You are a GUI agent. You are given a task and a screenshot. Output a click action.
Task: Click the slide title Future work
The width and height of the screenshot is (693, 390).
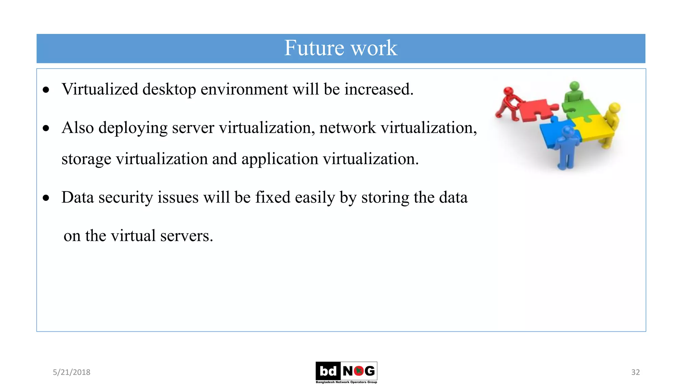pyautogui.click(x=340, y=48)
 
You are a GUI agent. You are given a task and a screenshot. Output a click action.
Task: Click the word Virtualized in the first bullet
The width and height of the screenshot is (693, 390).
pyautogui.click(x=100, y=89)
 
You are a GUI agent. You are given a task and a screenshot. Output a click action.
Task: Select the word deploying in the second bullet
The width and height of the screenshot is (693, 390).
pyautogui.click(x=133, y=128)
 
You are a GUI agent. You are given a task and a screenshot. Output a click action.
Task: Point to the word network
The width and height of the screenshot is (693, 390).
pyautogui.click(x=347, y=128)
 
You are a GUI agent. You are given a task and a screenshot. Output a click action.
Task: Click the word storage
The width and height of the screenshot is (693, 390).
pyautogui.click(x=86, y=159)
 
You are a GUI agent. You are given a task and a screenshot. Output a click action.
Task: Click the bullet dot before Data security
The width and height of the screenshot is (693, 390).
pyautogui.click(x=46, y=198)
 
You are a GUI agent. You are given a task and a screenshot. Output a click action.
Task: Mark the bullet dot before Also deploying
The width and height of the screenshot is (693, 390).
pyautogui.click(x=46, y=128)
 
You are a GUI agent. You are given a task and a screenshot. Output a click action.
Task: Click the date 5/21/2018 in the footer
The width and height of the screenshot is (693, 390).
pyautogui.click(x=71, y=372)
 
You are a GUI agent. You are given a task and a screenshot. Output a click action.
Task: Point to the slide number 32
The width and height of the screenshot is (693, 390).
pyautogui.click(x=635, y=372)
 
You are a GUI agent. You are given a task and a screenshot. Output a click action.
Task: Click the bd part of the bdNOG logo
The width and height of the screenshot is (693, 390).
pyautogui.click(x=328, y=371)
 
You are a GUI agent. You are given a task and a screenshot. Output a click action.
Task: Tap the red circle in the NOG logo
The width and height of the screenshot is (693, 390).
pyautogui.click(x=358, y=371)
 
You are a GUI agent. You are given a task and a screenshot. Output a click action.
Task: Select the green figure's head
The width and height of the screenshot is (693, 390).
pyautogui.click(x=574, y=86)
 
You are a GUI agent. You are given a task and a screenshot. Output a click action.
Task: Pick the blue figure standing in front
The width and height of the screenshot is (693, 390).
pyautogui.click(x=566, y=149)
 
